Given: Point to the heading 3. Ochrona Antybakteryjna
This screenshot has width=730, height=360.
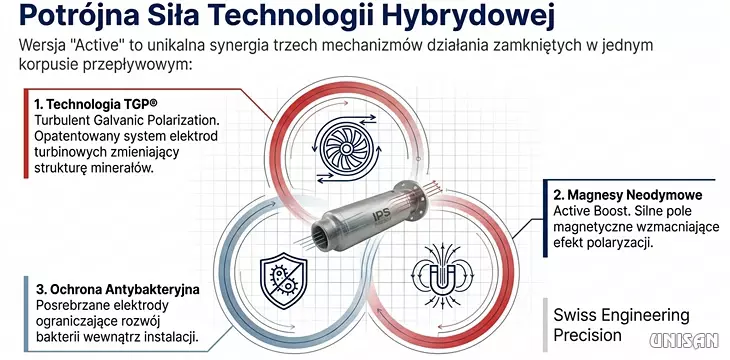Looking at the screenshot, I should [x=118, y=289].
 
